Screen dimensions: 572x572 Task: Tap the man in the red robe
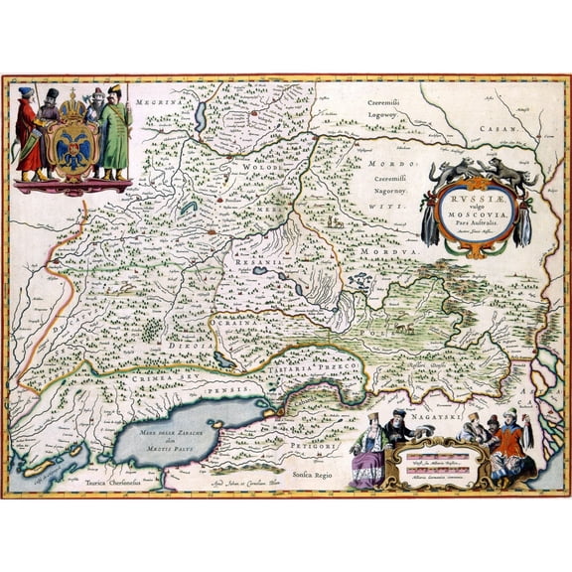(x=26, y=131)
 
